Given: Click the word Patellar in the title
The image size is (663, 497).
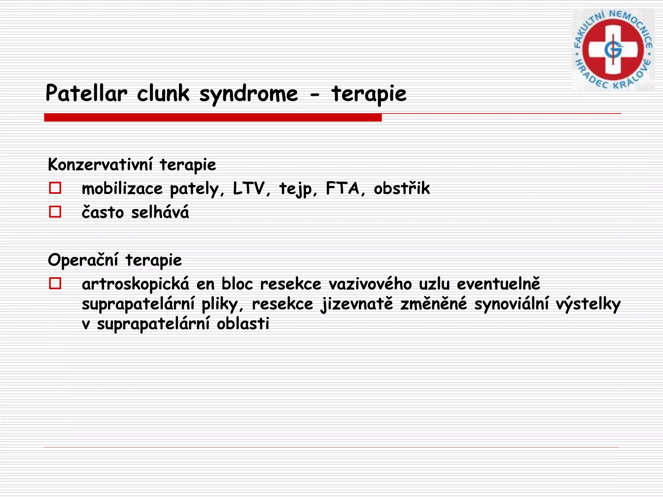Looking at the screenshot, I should click(86, 94).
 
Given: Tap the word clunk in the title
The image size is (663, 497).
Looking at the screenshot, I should click(163, 94).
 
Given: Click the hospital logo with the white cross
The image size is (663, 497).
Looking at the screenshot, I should click(613, 50).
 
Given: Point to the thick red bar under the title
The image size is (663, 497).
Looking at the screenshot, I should click(213, 117).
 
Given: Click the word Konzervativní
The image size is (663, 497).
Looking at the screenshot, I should click(100, 164).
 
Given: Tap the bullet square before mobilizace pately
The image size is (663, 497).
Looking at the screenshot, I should click(55, 188).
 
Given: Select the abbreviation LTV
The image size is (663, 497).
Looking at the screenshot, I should click(248, 188).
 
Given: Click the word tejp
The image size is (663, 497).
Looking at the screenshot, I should click(295, 189).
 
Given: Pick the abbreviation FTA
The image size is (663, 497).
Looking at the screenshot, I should click(343, 188).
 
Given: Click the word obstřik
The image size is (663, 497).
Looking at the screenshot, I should click(402, 188).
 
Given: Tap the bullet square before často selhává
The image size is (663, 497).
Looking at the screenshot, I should click(55, 212).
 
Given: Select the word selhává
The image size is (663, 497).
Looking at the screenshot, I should click(160, 213).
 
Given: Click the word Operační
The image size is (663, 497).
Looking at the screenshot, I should click(83, 260).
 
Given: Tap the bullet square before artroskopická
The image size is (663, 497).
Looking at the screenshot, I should click(55, 283).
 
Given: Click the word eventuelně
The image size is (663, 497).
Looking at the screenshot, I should click(498, 284).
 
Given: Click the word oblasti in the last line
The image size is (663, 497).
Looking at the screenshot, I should click(243, 324).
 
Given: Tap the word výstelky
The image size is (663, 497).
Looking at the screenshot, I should click(588, 304).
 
